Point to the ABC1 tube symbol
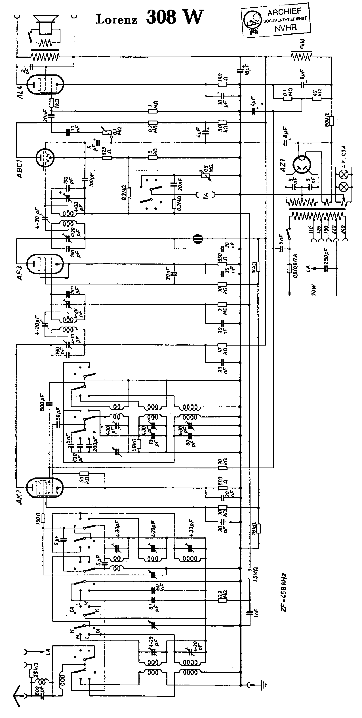(x=45, y=157)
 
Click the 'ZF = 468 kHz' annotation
(x=284, y=588)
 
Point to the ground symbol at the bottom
(x=263, y=684)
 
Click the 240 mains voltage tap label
(x=343, y=229)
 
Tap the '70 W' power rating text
(x=314, y=290)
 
